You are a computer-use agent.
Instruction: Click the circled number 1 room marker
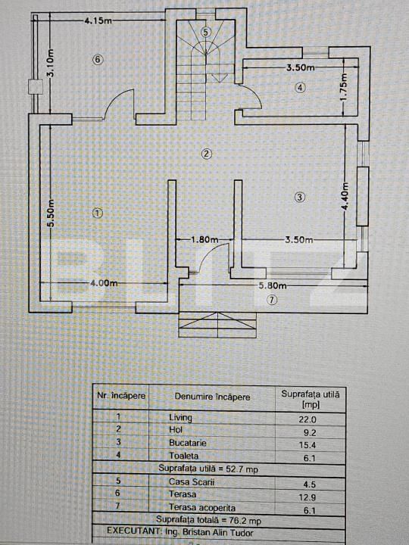pyautogui.click(x=98, y=213)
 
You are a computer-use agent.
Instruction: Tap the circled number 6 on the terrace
pyautogui.click(x=98, y=60)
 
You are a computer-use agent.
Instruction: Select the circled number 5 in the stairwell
pyautogui.click(x=206, y=32)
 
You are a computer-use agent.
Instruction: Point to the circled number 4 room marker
pyautogui.click(x=300, y=88)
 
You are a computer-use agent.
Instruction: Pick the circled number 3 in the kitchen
pyautogui.click(x=300, y=198)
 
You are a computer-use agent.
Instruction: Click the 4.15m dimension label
pyautogui.click(x=98, y=20)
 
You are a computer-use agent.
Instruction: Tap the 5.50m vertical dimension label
pyautogui.click(x=51, y=213)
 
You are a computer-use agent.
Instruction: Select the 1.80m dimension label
pyautogui.click(x=204, y=239)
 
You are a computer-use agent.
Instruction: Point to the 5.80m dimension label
pyautogui.click(x=273, y=285)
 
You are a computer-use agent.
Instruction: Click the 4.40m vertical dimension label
pyautogui.click(x=345, y=197)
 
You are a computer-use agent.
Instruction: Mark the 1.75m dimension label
pyautogui.click(x=344, y=88)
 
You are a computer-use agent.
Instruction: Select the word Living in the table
pyautogui.click(x=180, y=417)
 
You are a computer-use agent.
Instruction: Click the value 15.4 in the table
pyautogui.click(x=308, y=445)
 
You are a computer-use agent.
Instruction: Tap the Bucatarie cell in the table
pyautogui.click(x=188, y=443)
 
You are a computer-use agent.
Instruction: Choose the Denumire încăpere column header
pyautogui.click(x=212, y=397)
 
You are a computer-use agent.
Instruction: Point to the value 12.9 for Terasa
pyautogui.click(x=308, y=498)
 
